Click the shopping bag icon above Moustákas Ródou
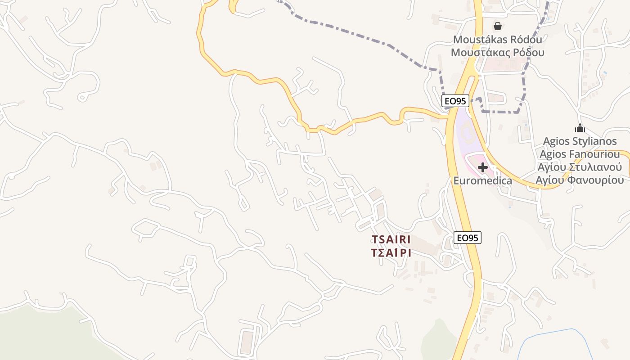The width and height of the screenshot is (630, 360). click(497, 26)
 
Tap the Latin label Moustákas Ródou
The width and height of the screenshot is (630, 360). click(497, 40)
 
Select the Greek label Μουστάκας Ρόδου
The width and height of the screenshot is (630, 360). click(497, 53)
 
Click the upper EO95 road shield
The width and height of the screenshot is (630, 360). click(455, 101)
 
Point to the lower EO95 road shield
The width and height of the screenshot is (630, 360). click(467, 238)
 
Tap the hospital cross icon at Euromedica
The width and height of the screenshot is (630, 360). click(482, 168)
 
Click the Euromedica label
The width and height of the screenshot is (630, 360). click(482, 181)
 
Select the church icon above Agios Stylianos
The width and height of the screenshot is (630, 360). click(580, 128)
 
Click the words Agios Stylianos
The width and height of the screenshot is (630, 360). click(580, 141)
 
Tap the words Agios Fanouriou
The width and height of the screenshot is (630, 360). click(580, 154)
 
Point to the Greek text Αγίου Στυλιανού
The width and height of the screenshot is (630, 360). click(580, 167)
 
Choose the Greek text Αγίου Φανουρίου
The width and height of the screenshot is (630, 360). click(580, 180)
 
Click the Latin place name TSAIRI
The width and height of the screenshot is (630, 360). click(391, 239)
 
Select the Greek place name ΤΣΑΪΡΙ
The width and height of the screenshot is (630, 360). click(391, 253)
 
